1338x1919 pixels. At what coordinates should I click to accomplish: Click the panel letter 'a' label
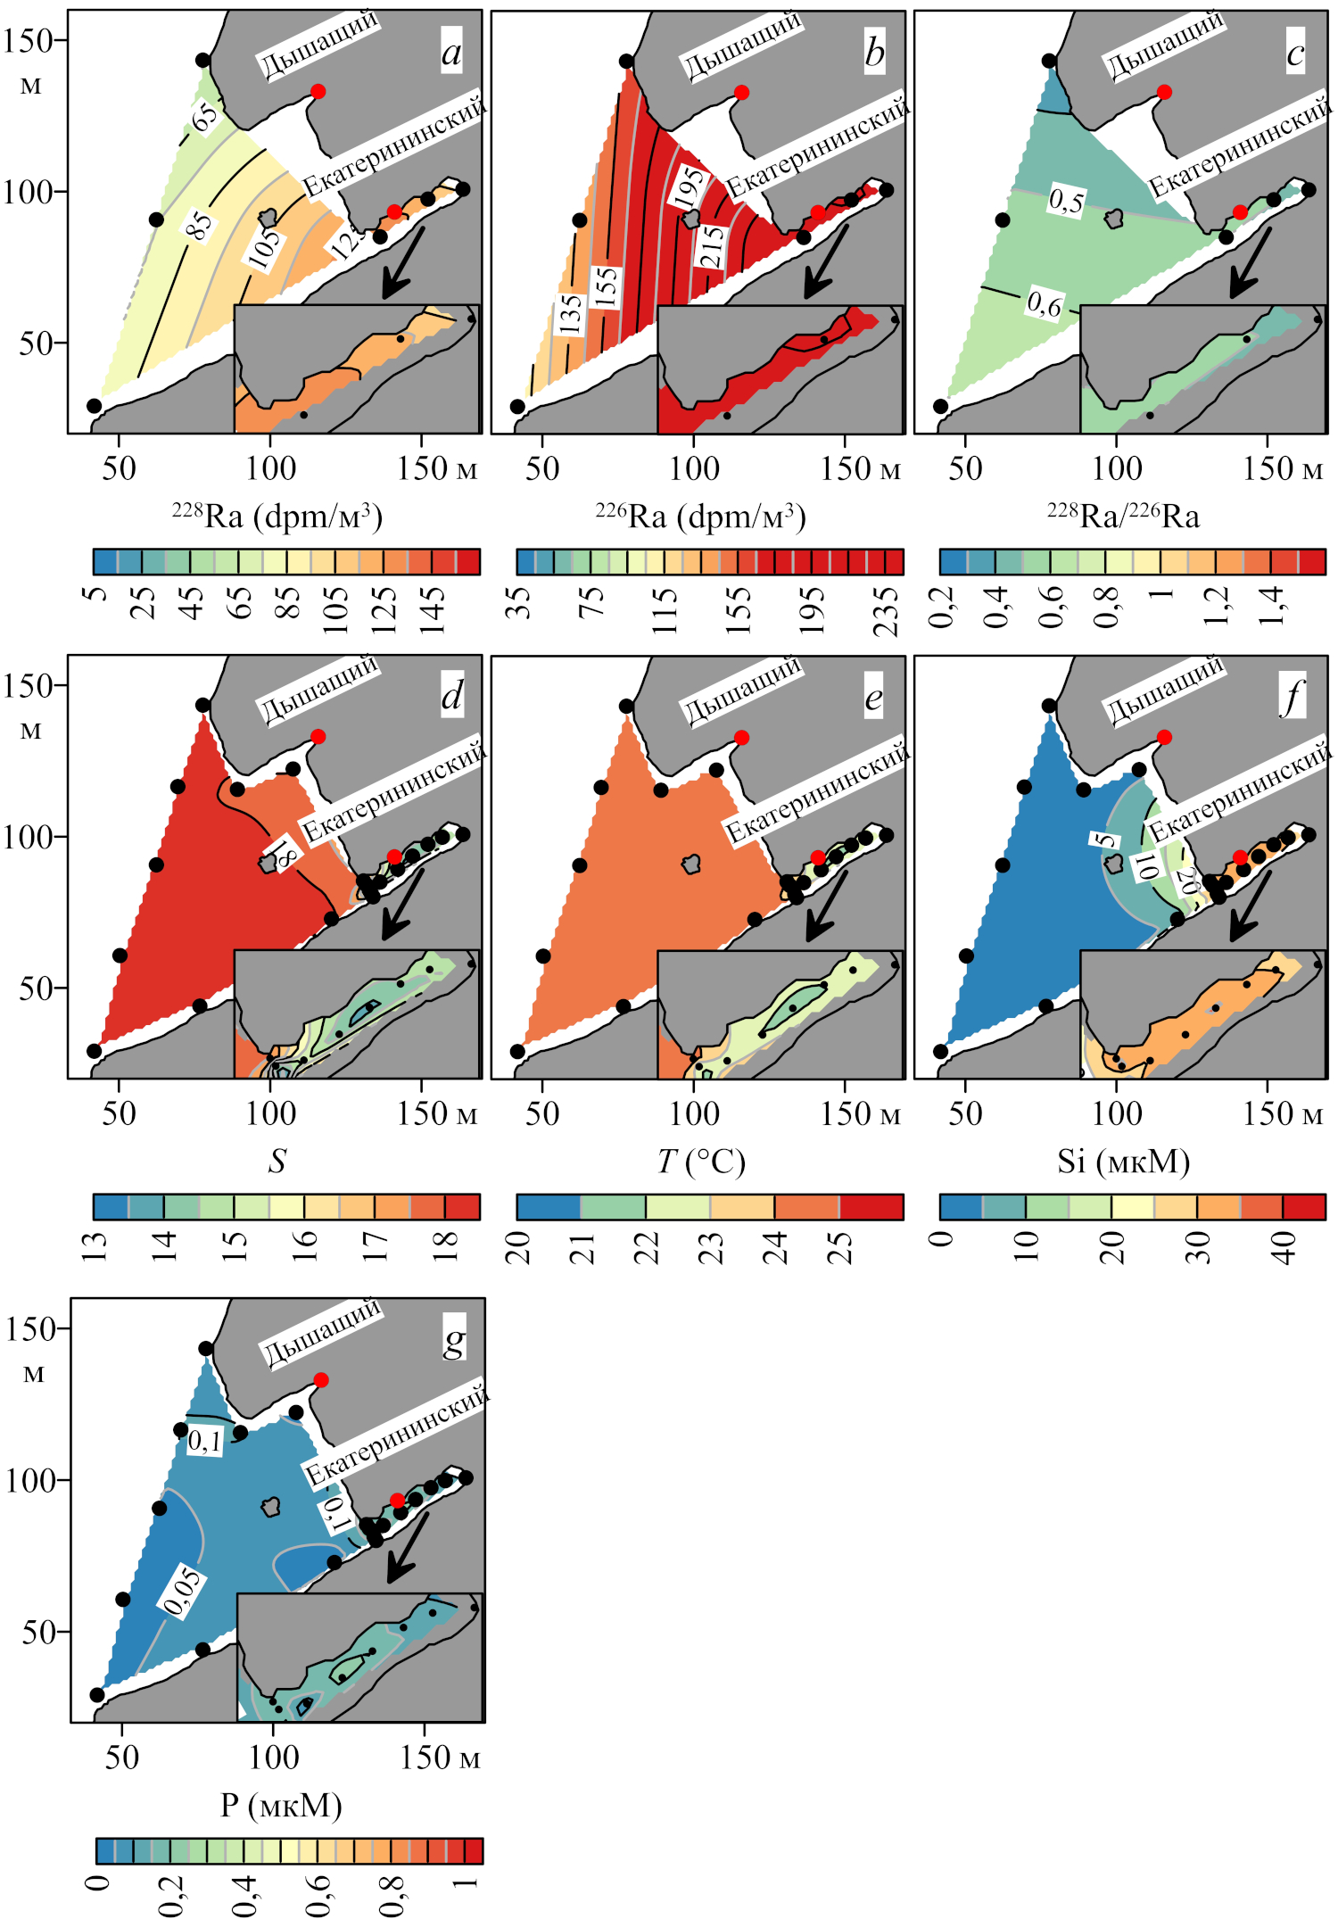pos(452,53)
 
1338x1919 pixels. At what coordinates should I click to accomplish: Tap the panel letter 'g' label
pos(454,1339)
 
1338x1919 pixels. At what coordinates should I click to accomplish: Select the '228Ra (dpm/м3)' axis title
pos(277,516)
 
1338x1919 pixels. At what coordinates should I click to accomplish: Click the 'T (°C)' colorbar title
pos(701,1161)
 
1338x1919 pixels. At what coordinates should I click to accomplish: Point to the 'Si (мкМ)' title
pos(1123,1161)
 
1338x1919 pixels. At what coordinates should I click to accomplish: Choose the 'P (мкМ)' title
pos(281,1805)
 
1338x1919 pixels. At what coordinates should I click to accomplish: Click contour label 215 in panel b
pos(712,247)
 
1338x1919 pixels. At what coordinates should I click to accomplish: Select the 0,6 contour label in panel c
pos(1044,304)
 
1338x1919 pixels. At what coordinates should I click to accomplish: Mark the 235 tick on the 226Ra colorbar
pos(885,611)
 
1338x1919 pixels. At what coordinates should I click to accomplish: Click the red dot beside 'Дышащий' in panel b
pos(741,92)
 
